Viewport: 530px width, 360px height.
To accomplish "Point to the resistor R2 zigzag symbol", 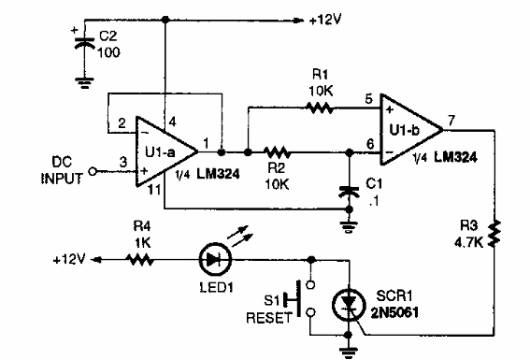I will [x=279, y=151].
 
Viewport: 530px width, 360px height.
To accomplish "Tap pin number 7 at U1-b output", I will [x=451, y=120].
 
